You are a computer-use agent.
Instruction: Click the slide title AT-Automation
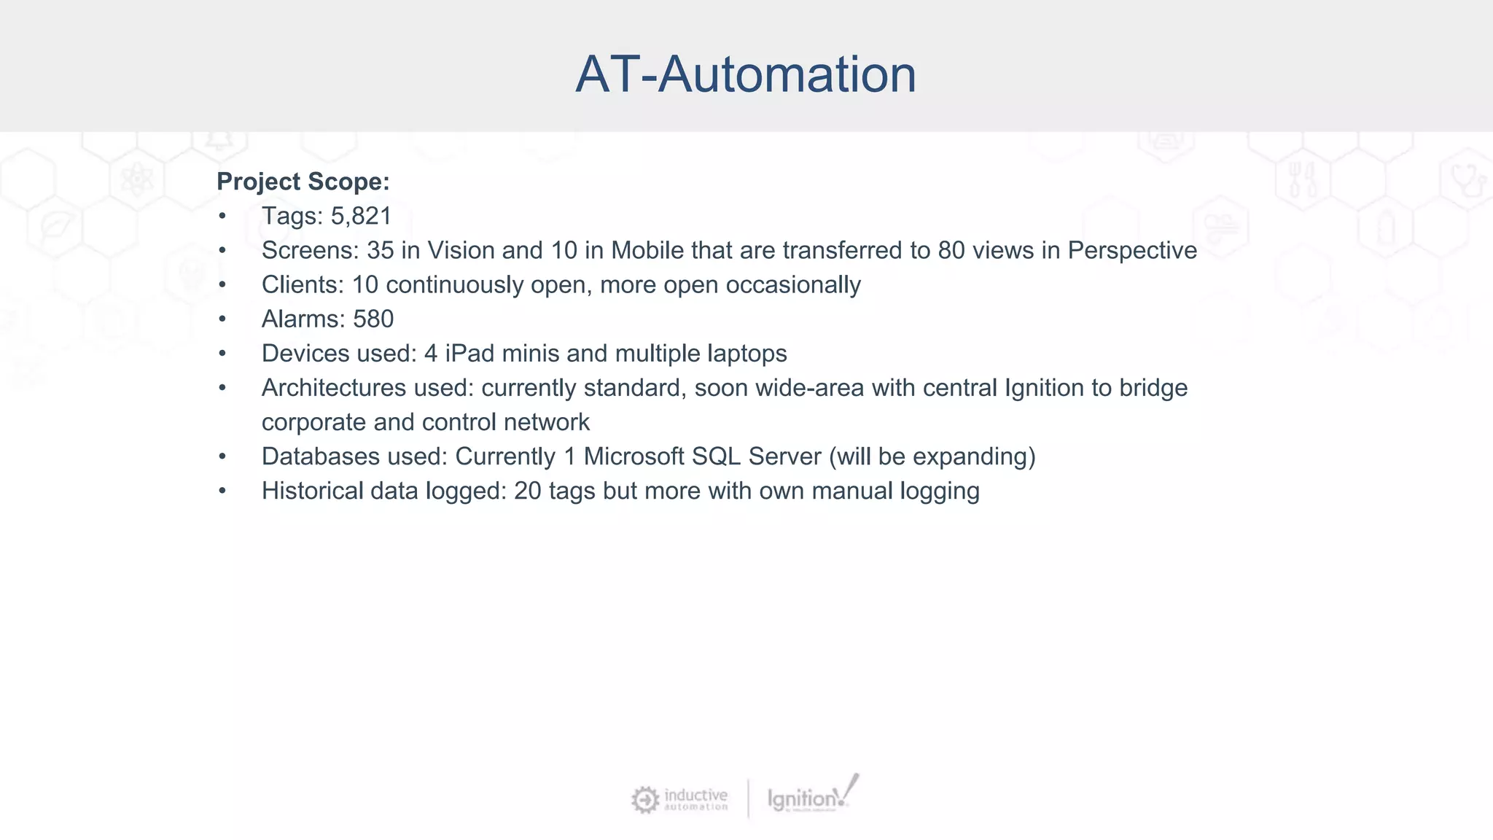[745, 74]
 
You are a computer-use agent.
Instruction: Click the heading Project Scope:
[303, 182]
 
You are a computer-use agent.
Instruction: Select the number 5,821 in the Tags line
[362, 217]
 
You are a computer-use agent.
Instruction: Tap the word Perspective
[1132, 251]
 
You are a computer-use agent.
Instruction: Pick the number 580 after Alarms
[373, 319]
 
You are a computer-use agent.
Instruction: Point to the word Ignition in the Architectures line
[1044, 388]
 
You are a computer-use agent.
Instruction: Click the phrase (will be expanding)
[932, 456]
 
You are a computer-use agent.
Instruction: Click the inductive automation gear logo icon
[644, 800]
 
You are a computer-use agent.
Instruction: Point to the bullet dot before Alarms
[222, 319]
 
